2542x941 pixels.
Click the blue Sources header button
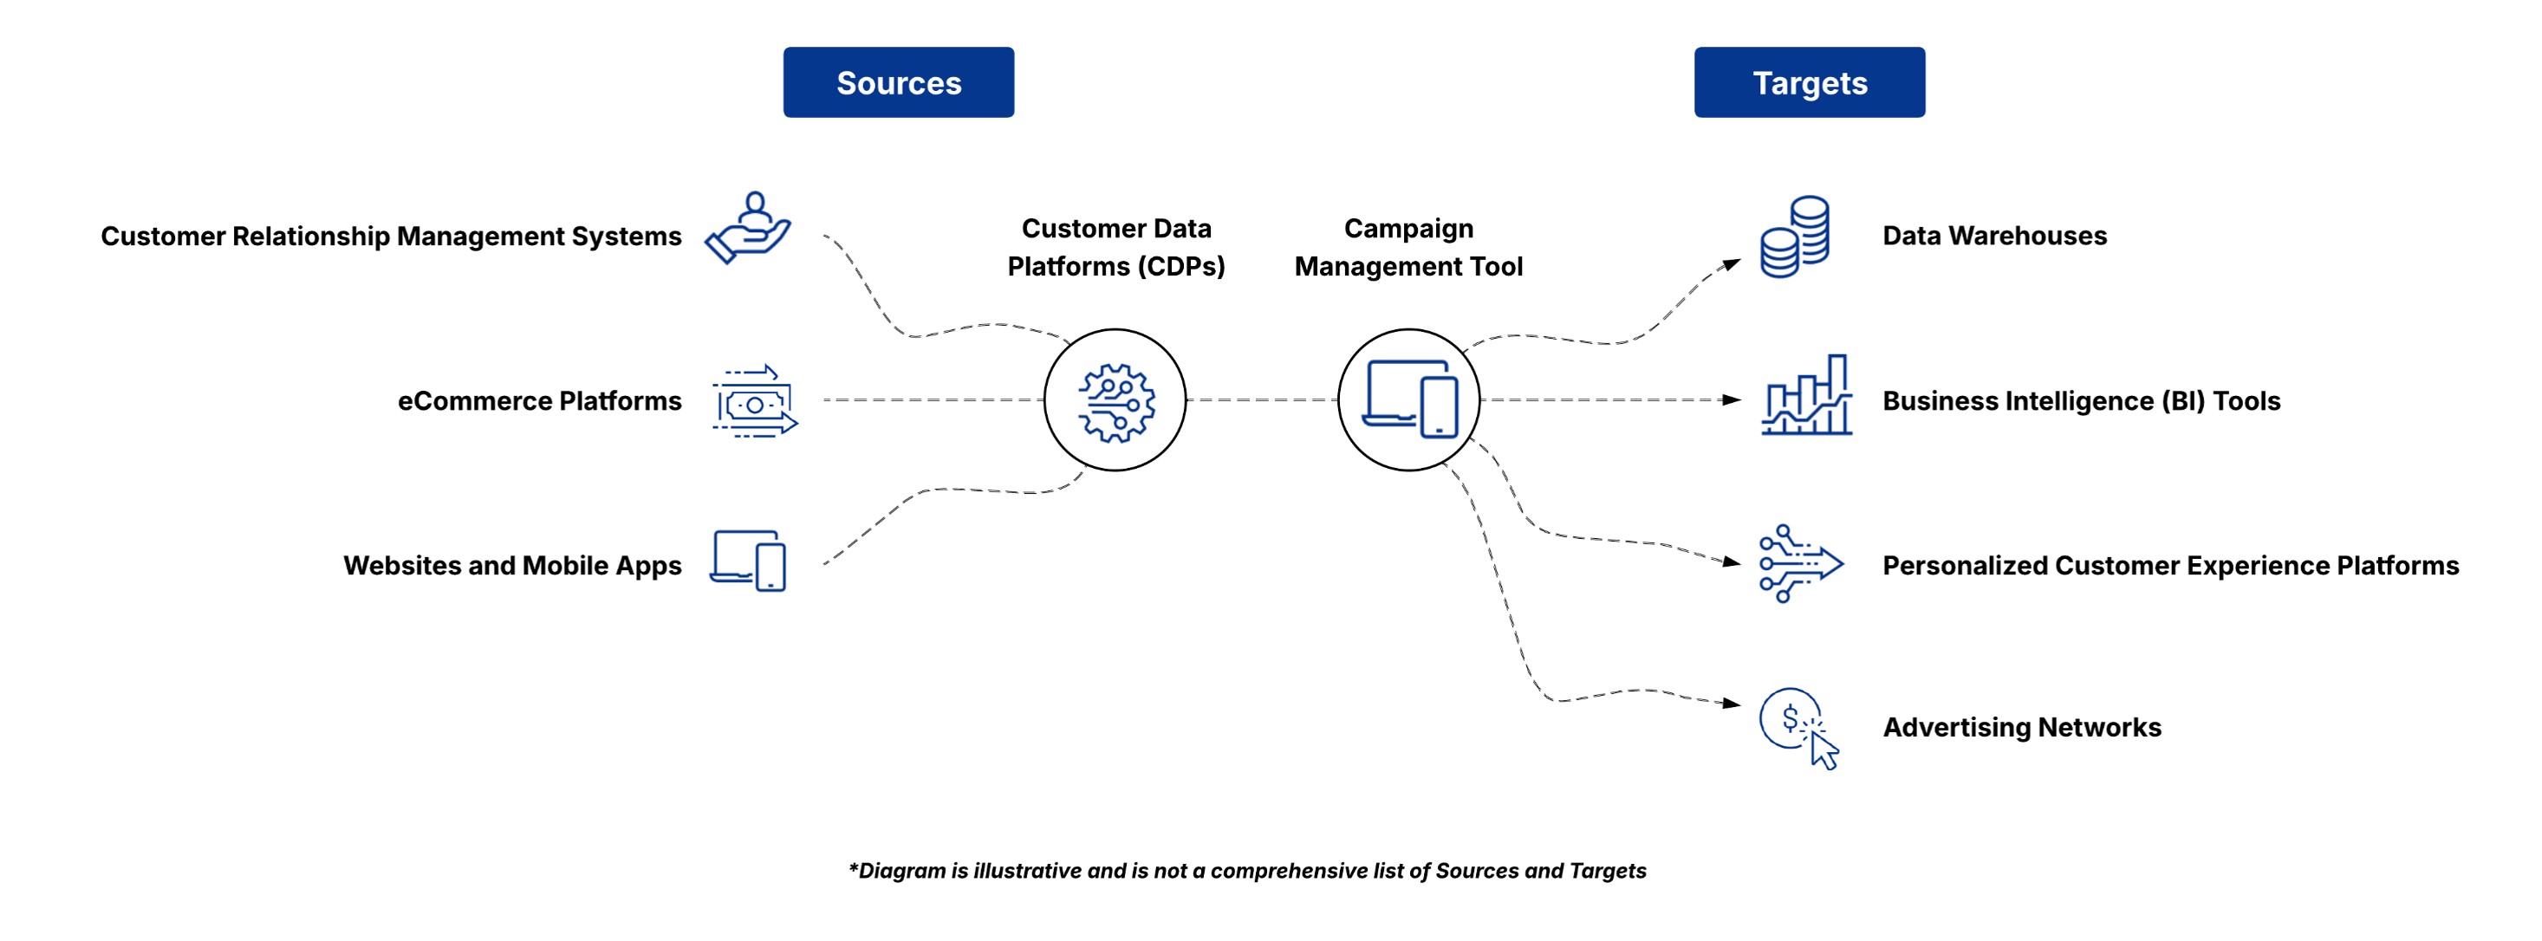(898, 81)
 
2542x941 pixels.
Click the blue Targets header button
(1809, 81)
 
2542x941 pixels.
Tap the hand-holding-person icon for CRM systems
(748, 228)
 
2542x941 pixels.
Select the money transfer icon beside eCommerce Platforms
(755, 401)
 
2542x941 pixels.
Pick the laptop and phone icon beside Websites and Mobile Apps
(748, 561)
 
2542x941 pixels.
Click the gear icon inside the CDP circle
(1116, 402)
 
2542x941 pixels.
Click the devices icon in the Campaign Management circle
(1409, 399)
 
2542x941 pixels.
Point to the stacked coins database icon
(1795, 237)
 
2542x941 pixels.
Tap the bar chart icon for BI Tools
(1807, 394)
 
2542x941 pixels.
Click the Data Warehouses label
(1994, 236)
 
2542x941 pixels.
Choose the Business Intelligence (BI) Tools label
(2081, 401)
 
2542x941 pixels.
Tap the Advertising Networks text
(2022, 727)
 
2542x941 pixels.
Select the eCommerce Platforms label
(540, 401)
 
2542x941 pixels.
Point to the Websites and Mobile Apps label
(512, 565)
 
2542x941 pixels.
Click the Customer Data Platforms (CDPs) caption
(1116, 248)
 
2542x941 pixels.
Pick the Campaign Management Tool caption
(1408, 248)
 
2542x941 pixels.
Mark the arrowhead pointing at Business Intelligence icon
(1732, 399)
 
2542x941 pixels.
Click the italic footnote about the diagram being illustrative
(1247, 870)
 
